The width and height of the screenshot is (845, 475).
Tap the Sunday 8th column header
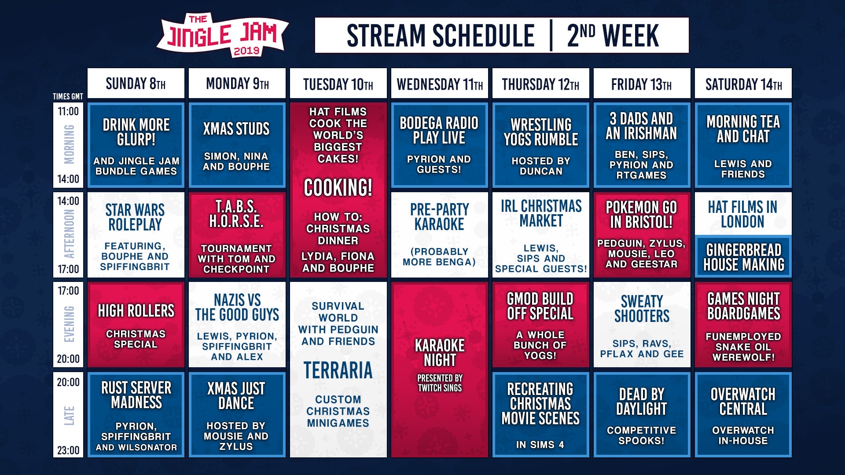click(x=136, y=83)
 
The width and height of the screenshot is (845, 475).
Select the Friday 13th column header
click(x=642, y=83)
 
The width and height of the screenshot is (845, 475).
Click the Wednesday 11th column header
click(x=440, y=83)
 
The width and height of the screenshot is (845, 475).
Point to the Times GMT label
click(x=68, y=96)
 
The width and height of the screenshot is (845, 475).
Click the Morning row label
click(x=69, y=144)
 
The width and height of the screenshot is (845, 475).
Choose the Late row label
click(x=69, y=416)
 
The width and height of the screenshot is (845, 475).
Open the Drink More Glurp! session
click(x=136, y=146)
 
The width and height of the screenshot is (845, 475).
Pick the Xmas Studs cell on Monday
click(x=237, y=146)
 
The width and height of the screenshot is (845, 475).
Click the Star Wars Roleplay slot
click(x=136, y=235)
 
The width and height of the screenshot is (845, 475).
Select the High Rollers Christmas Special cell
click(x=136, y=325)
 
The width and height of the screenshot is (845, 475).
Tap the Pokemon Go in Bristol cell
click(x=642, y=235)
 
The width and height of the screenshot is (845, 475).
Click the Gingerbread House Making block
click(x=743, y=256)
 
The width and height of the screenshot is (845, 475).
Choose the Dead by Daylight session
click(x=642, y=415)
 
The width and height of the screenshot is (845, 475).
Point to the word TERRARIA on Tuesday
click(x=338, y=370)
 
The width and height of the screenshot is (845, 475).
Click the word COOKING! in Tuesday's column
click(x=338, y=188)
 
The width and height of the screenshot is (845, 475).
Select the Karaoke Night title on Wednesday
click(x=440, y=353)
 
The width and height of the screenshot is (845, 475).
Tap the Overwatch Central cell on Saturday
click(x=743, y=415)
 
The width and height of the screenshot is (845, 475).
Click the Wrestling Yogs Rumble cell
click(x=541, y=146)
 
